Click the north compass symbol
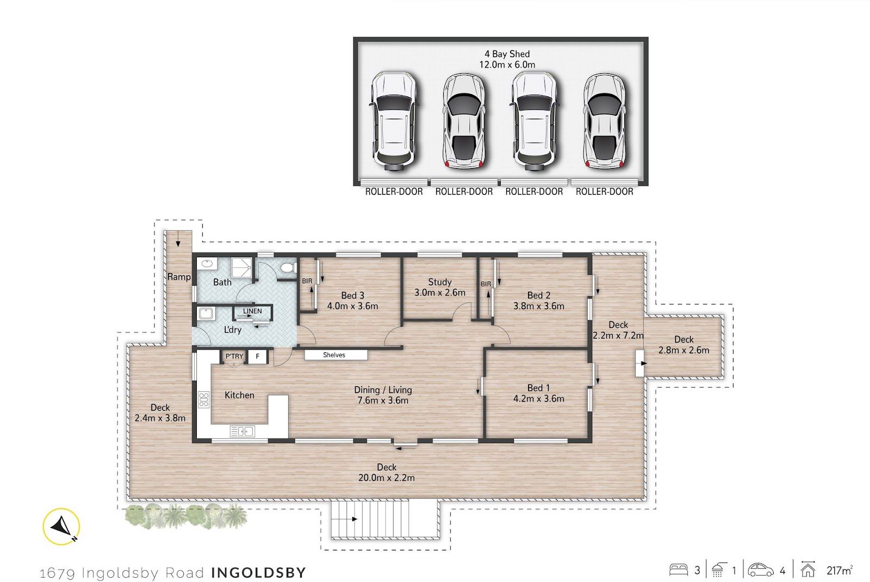(x=61, y=527)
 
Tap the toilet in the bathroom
(x=288, y=268)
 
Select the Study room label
(x=440, y=282)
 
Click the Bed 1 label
(x=538, y=388)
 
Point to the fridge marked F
(x=257, y=356)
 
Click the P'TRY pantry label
(x=234, y=356)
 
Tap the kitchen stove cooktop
(x=203, y=399)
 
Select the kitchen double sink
(x=243, y=431)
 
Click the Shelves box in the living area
(x=335, y=355)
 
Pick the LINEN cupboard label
(x=252, y=311)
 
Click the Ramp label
(x=179, y=277)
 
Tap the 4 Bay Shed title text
(x=507, y=54)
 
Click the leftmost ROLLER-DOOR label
(x=394, y=191)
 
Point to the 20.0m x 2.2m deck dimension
(x=386, y=478)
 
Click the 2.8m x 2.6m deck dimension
(x=683, y=350)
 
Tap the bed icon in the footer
(x=678, y=570)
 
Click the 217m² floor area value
(x=840, y=571)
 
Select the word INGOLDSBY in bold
(x=259, y=572)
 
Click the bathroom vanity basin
(x=207, y=264)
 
